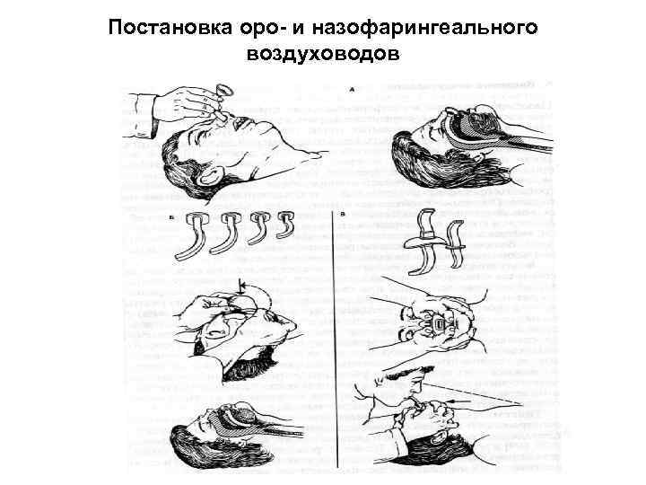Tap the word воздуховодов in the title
pyautogui.click(x=322, y=56)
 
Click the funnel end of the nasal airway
pyautogui.click(x=223, y=90)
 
